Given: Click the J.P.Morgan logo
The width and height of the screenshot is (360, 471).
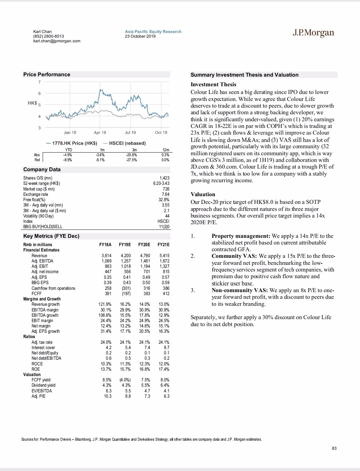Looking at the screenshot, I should point(313,33).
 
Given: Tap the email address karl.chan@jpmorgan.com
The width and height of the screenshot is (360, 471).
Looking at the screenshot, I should point(57,41).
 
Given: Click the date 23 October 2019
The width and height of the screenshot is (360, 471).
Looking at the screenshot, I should point(140,36).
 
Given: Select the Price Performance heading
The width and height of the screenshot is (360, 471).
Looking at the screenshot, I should point(47,75).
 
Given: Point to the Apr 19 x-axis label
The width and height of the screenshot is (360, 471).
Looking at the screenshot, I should point(100,133).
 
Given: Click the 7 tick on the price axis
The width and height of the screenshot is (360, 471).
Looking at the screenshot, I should point(39,82).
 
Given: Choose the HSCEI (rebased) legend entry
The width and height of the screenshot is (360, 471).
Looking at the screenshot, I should point(127,143).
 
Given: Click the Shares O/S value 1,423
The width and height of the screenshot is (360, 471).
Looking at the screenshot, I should point(164,178).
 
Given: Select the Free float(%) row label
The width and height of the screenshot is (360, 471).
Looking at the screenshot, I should point(34,200).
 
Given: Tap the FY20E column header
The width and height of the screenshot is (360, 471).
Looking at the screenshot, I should point(144,245).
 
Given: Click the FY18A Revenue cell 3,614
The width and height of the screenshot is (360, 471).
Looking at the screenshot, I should point(106,256).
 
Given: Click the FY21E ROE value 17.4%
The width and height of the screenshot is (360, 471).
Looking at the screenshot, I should point(164,369).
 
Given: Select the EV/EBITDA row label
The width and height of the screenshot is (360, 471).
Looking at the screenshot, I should point(42,391).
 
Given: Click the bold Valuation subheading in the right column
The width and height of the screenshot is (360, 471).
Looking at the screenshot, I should point(203,195).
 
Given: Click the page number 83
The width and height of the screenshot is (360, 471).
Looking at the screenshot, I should point(334,448).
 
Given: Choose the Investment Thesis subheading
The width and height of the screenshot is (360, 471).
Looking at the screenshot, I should point(213,85).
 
